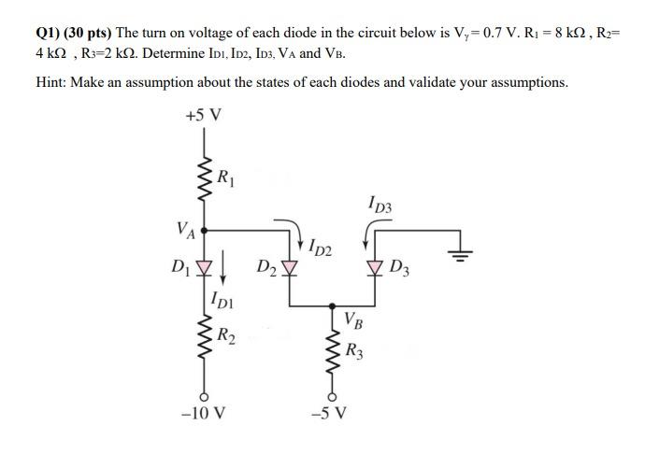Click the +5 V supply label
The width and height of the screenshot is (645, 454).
(x=204, y=116)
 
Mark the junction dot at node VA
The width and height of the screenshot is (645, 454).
(x=204, y=226)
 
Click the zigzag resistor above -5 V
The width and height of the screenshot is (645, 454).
(x=333, y=360)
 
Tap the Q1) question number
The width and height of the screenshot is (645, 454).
(x=50, y=32)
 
